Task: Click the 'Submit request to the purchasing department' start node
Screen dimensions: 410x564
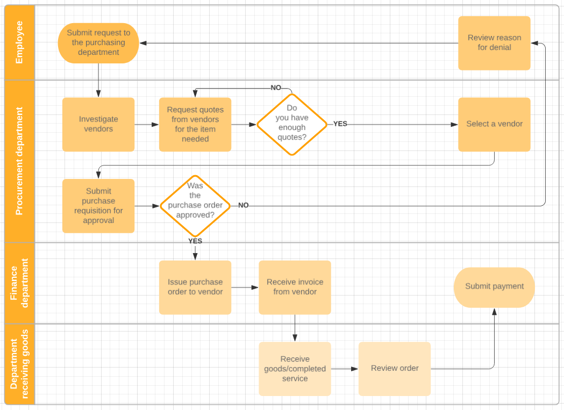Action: click(x=98, y=43)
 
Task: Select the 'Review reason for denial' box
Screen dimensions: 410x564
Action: click(x=494, y=43)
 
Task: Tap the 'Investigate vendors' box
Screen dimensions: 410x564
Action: click(x=98, y=124)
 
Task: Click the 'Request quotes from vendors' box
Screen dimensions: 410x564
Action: click(x=195, y=124)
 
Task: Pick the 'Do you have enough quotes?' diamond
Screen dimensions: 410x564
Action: click(x=292, y=124)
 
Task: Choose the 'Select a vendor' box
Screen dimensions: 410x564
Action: click(x=494, y=124)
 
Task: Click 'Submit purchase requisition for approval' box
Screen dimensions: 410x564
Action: click(x=98, y=206)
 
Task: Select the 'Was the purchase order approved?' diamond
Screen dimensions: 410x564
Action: click(x=195, y=206)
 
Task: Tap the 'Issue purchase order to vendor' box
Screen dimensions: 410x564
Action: click(x=195, y=287)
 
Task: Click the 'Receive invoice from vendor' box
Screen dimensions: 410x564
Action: click(x=295, y=287)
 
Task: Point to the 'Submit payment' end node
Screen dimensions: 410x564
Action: click(x=494, y=287)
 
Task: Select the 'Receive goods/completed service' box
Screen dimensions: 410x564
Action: click(x=295, y=369)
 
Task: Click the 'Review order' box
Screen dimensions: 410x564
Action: click(x=395, y=369)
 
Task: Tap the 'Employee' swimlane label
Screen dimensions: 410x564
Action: click(x=19, y=42)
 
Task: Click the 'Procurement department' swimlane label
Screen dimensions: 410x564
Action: click(x=19, y=161)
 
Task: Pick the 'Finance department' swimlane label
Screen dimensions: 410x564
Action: click(x=19, y=283)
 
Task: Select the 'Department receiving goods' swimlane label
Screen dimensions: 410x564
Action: click(x=19, y=364)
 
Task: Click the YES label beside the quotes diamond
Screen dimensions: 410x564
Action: click(x=340, y=124)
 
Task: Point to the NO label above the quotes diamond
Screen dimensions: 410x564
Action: click(x=276, y=88)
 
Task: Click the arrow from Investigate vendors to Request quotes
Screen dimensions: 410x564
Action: click(x=147, y=125)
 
